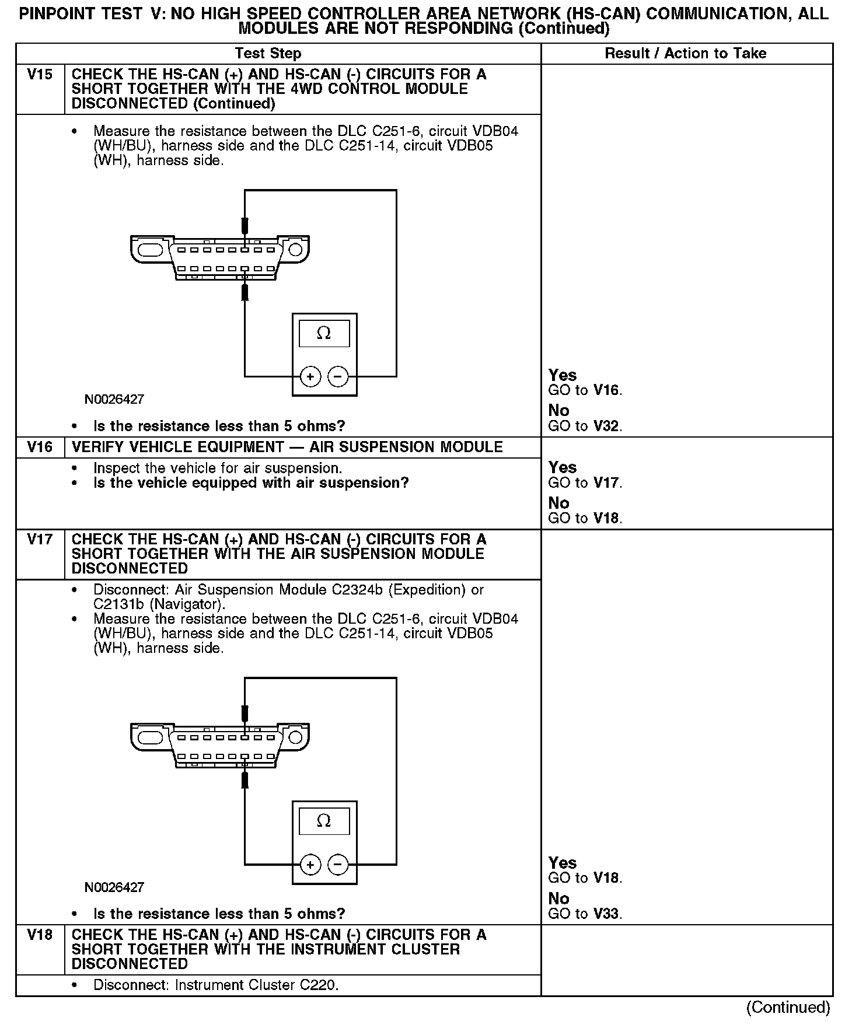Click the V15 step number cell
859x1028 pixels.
(x=40, y=75)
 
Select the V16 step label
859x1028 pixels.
(x=40, y=447)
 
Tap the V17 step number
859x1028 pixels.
(x=40, y=540)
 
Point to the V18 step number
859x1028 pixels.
(x=40, y=935)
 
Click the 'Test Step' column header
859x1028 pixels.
(x=268, y=54)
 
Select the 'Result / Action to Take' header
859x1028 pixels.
(x=685, y=54)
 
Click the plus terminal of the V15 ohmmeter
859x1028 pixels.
(x=310, y=377)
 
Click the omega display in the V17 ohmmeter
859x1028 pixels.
(x=324, y=821)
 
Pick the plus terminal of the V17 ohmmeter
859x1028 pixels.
(x=310, y=865)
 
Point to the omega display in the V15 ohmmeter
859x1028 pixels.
(x=324, y=333)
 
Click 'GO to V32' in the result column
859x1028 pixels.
(x=585, y=426)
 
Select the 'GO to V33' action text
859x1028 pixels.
(x=585, y=914)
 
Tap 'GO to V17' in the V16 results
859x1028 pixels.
(x=585, y=483)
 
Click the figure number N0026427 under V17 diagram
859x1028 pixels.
(x=114, y=887)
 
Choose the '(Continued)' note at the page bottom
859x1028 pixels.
(x=788, y=1008)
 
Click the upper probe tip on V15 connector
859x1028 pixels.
(x=245, y=226)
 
